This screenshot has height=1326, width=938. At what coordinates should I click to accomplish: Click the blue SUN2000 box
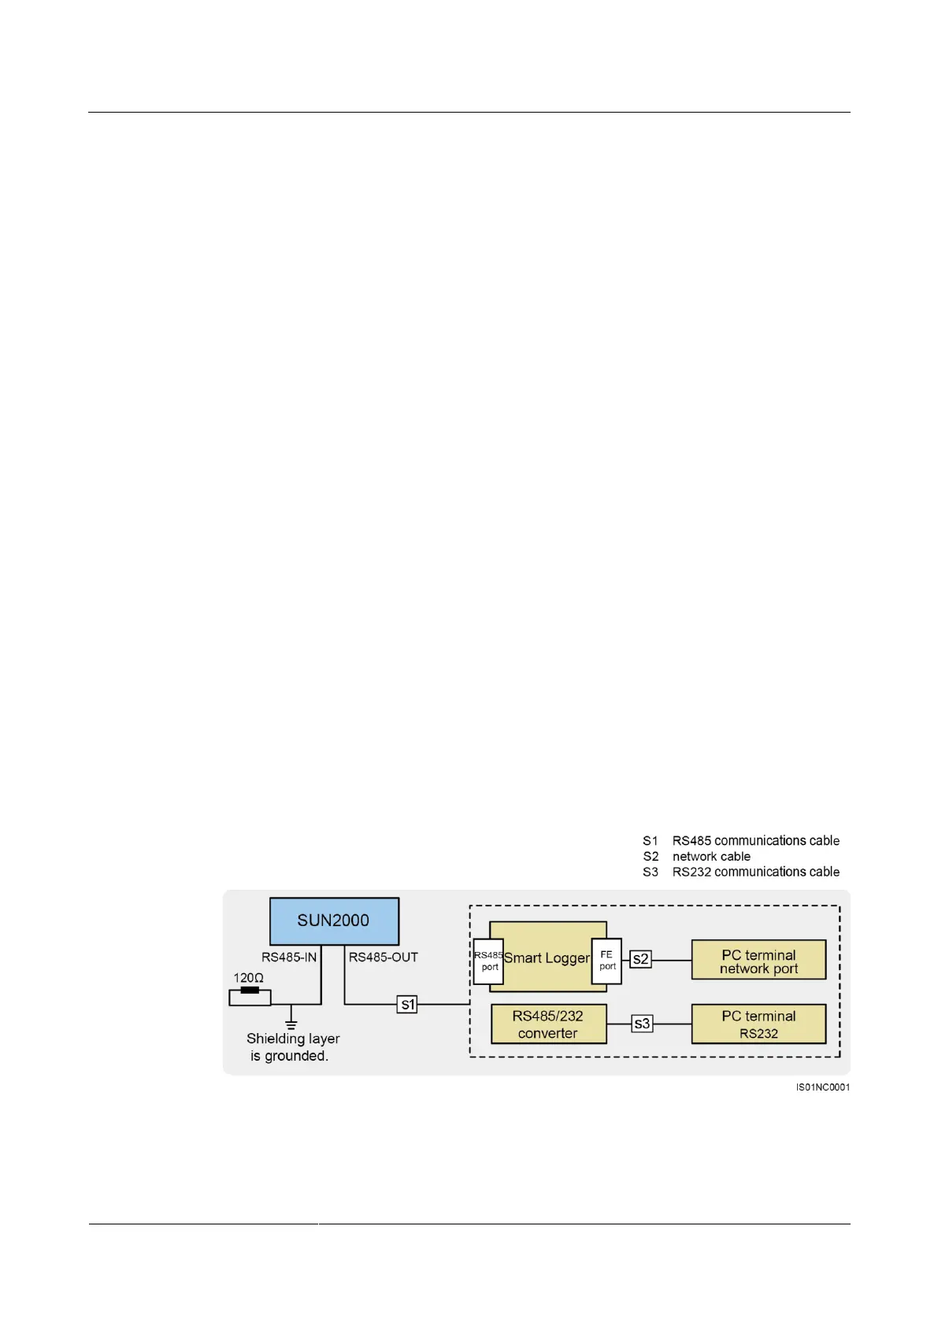(334, 920)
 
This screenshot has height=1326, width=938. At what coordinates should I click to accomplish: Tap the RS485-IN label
(289, 957)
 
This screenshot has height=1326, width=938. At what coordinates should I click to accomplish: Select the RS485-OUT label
(383, 957)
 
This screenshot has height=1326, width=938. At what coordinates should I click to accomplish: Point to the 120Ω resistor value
(248, 978)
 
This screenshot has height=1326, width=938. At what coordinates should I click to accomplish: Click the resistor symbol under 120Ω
(250, 998)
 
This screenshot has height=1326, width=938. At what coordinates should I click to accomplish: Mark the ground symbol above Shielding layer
(291, 1024)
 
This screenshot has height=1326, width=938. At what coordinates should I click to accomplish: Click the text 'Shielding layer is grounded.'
(292, 1047)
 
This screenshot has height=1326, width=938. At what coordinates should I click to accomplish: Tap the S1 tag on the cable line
(407, 1004)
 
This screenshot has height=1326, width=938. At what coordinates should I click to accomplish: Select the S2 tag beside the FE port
(640, 959)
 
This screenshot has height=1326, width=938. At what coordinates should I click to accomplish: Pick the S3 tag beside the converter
(642, 1024)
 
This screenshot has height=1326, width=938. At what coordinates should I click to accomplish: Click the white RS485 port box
(488, 961)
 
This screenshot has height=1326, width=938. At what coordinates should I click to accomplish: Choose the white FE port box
(606, 961)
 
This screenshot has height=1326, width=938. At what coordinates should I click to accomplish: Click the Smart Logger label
(547, 958)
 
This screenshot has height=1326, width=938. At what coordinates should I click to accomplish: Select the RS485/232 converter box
(548, 1024)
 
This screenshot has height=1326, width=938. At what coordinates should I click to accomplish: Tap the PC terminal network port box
(758, 961)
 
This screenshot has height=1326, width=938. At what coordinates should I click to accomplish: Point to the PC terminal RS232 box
(758, 1024)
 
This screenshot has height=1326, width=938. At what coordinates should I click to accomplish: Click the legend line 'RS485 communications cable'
(755, 841)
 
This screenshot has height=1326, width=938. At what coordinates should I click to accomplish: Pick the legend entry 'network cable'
(711, 857)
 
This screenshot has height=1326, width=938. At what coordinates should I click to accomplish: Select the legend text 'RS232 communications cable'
(755, 872)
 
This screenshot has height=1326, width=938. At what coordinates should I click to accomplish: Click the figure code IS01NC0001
(822, 1087)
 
